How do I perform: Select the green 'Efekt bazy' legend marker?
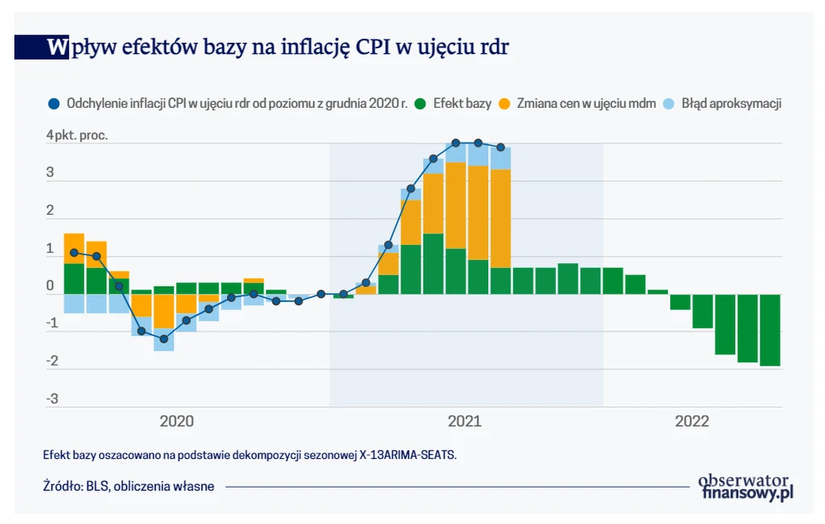point(420,104)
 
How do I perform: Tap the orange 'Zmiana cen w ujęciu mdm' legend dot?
point(505,104)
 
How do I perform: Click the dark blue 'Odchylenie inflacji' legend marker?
point(54,104)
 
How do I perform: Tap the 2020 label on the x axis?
point(176,421)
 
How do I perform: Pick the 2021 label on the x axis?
point(464,421)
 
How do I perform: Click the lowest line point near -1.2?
point(164,339)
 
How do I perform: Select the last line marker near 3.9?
point(500,147)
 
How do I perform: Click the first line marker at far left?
point(74,253)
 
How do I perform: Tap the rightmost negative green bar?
point(770,330)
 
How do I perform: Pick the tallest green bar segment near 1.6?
point(433,264)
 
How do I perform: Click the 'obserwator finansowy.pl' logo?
point(746,486)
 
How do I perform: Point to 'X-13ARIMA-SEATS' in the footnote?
point(407,456)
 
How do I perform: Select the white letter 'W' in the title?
point(57,47)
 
